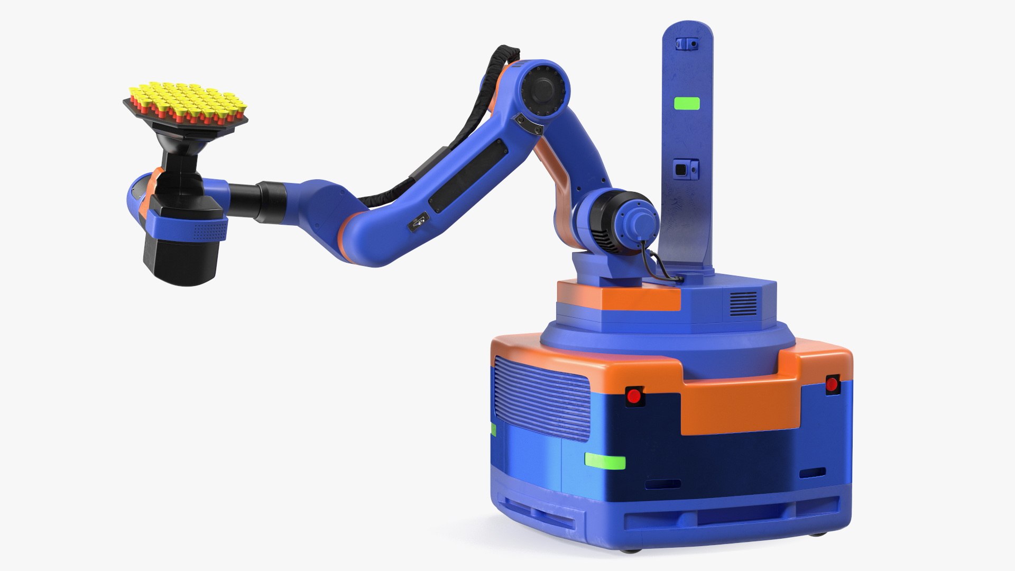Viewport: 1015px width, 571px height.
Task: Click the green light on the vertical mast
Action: [686, 104]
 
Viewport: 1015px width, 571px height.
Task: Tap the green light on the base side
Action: [605, 461]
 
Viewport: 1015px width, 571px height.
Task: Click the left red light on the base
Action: [633, 395]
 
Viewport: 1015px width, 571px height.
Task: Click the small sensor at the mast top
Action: [687, 44]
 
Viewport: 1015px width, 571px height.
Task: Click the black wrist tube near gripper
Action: [259, 199]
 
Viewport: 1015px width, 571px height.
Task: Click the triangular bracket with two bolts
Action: [529, 124]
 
